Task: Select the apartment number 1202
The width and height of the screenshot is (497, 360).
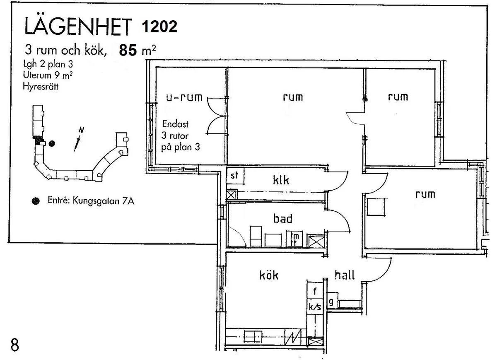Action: [159, 27]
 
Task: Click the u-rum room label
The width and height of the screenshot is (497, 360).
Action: [184, 98]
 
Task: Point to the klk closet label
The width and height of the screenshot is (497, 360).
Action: [280, 181]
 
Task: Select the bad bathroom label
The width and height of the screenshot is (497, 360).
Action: [283, 218]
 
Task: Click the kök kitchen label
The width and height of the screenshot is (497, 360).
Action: [269, 275]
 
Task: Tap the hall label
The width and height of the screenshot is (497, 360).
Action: [345, 275]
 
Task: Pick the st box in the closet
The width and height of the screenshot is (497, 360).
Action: [235, 176]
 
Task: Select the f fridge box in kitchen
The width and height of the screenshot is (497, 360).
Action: [315, 291]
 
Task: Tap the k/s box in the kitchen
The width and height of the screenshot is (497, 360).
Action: [315, 307]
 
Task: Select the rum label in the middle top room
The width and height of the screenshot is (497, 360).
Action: [292, 97]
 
